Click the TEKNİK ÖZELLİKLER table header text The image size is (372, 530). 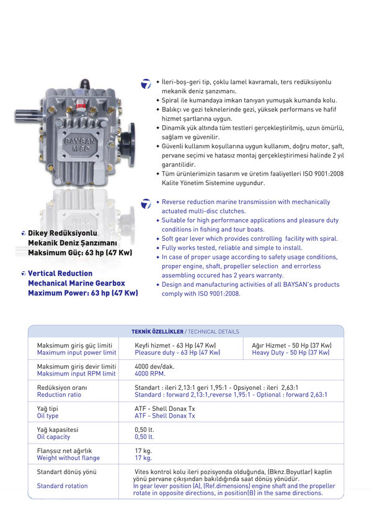tap(157, 331)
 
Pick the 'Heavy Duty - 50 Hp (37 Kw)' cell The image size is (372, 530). tap(291, 353)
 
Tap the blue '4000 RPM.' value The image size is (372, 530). tap(150, 374)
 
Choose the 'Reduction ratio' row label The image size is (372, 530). tap(59, 395)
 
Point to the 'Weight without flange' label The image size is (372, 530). tap(68, 458)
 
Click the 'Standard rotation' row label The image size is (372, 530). tap(62, 486)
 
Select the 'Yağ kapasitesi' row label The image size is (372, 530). tap(58, 429)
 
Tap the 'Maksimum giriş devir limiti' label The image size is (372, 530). tap(76, 366)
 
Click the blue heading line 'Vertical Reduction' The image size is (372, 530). tap(60, 273)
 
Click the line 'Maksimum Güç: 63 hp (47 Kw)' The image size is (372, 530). tap(83, 253)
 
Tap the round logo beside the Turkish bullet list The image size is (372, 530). tap(146, 84)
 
